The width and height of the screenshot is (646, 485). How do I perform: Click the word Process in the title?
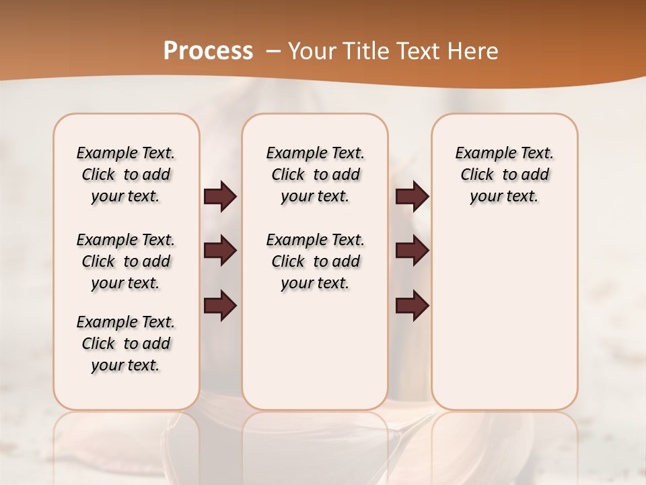click(x=208, y=51)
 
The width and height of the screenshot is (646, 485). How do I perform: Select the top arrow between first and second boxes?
click(x=220, y=196)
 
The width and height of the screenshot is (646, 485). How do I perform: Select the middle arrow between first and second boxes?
click(x=220, y=251)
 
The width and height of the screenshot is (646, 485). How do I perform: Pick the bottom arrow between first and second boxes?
click(x=220, y=305)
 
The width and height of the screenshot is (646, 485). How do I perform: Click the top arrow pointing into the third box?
click(x=412, y=196)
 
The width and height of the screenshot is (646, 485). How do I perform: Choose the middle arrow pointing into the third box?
click(x=412, y=251)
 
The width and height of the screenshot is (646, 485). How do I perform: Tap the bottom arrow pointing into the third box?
click(x=412, y=305)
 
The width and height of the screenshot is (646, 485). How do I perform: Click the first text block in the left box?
click(x=126, y=174)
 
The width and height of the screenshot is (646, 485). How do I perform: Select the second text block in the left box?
click(x=126, y=261)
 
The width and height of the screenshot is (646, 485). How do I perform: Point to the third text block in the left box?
click(x=126, y=344)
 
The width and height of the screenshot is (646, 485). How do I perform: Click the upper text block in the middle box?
click(x=315, y=174)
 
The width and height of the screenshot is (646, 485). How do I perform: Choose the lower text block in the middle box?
click(x=315, y=261)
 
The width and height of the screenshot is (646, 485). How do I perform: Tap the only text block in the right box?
click(x=504, y=174)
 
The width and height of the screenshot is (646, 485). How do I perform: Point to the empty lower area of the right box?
click(x=504, y=317)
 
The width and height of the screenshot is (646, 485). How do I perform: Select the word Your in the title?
click(x=311, y=51)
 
